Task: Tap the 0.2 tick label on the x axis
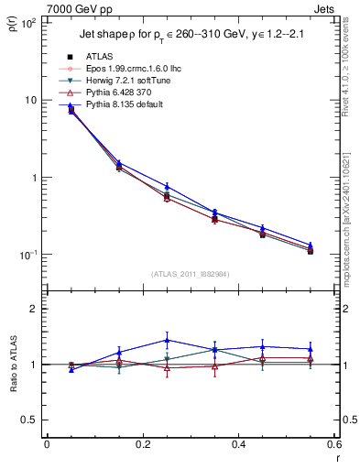143,444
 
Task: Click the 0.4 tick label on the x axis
239,444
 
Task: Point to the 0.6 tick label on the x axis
333,444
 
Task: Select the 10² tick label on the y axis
28,22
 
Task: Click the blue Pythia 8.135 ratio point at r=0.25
167,340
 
